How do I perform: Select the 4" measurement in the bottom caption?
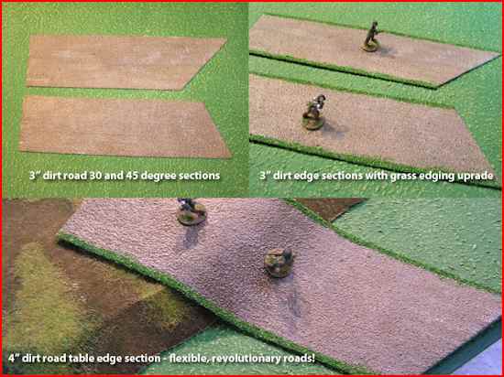point(14,358)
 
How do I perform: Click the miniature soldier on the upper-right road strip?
point(371,37)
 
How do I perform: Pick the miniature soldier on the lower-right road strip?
point(313,112)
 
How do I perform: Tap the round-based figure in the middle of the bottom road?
point(279,263)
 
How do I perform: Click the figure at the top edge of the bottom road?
point(192,211)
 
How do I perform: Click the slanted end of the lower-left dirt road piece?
point(217,129)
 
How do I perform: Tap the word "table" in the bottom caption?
point(87,358)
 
